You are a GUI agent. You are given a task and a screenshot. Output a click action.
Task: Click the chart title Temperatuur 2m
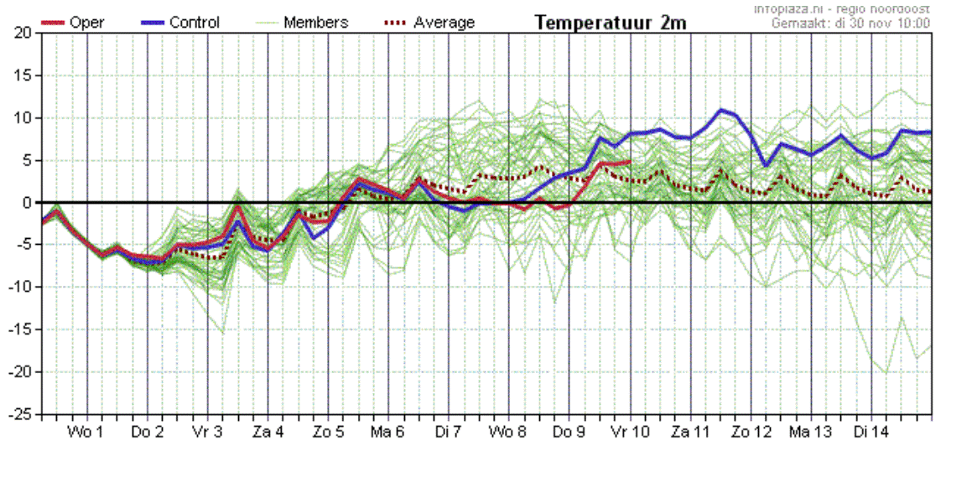click(x=611, y=23)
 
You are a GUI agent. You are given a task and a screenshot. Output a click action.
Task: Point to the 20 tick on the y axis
click(x=23, y=33)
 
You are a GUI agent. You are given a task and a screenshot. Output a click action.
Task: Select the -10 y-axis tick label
click(x=19, y=288)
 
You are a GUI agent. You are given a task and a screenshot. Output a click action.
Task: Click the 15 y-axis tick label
click(x=23, y=75)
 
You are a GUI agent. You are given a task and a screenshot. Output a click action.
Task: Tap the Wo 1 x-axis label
click(x=86, y=433)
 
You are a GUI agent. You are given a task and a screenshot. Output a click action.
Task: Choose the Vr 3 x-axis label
click(x=207, y=433)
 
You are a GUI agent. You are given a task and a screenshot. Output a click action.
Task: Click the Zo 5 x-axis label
click(x=328, y=433)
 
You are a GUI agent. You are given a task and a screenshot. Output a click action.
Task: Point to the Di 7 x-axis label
click(x=449, y=433)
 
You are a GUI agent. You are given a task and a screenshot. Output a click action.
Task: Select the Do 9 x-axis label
click(x=569, y=433)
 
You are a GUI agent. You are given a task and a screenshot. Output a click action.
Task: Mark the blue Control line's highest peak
click(x=720, y=110)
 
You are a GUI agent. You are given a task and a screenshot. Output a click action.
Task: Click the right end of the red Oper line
click(x=630, y=162)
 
